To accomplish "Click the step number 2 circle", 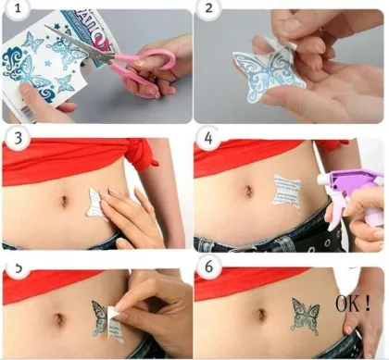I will (208, 14).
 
